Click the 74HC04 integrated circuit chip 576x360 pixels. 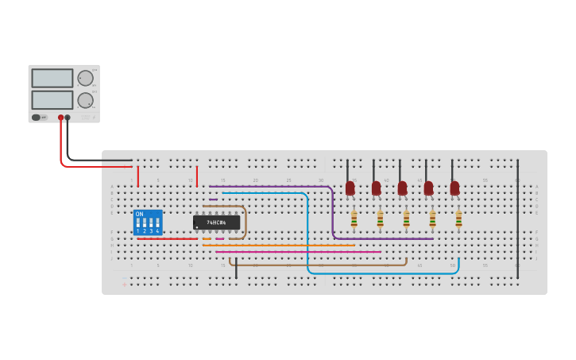(216, 223)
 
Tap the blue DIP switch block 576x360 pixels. (148, 223)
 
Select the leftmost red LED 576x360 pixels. (350, 188)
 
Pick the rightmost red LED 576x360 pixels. (454, 188)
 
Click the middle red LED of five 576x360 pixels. (402, 188)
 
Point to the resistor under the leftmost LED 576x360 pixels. (354, 219)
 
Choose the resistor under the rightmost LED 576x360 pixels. (458, 219)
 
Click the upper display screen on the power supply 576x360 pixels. (52, 78)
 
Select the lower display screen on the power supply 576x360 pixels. (52, 100)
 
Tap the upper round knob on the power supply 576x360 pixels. (85, 78)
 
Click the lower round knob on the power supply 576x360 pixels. (85, 100)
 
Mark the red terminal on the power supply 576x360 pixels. (60, 118)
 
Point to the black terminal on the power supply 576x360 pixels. (68, 118)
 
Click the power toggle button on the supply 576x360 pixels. (36, 118)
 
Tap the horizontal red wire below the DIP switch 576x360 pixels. (167, 238)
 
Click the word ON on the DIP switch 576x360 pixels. (140, 214)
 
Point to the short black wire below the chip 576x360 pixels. (236, 268)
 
